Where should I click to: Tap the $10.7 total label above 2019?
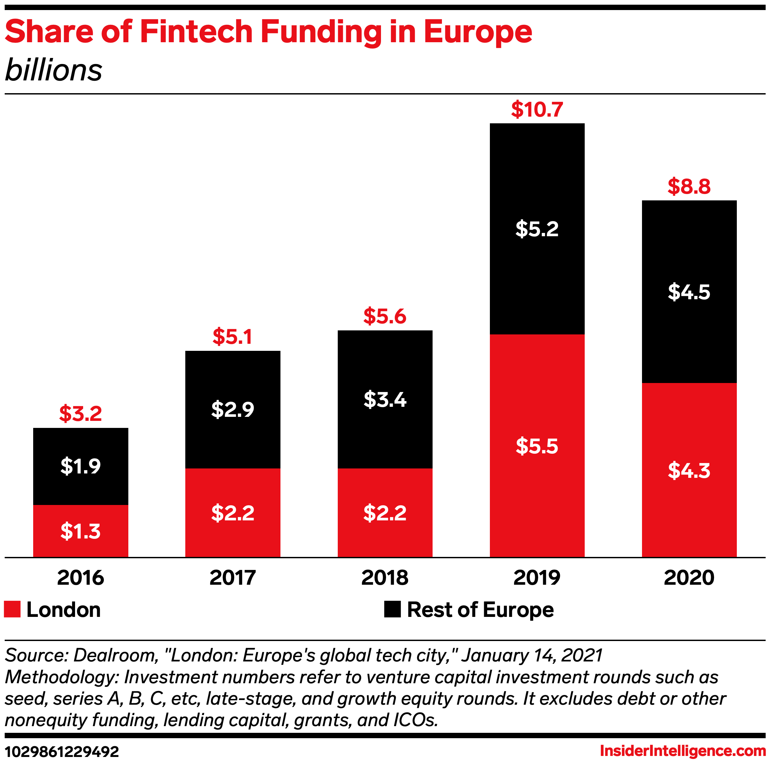537,110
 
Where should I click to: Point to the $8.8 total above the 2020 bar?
689,187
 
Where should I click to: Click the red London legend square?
12,610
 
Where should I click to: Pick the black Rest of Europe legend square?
392,610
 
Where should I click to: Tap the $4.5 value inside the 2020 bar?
689,292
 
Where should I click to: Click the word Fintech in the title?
196,31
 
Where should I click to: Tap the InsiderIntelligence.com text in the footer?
683,751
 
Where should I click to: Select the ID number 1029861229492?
62,752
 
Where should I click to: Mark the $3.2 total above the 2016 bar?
80,414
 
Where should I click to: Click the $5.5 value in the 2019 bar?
537,446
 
